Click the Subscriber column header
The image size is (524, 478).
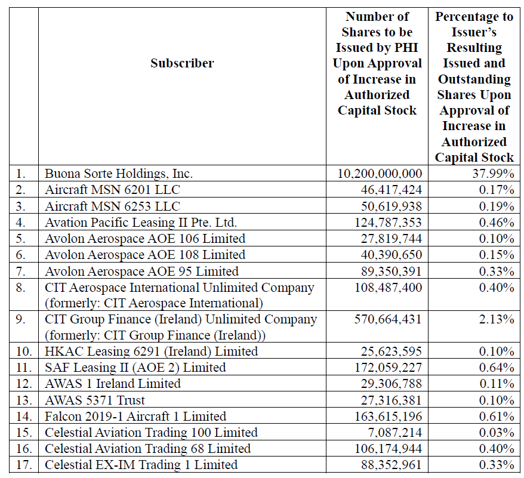click(182, 63)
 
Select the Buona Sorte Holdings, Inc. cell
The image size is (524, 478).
click(119, 174)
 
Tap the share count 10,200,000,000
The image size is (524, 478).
click(380, 174)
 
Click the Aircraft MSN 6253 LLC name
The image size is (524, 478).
click(112, 206)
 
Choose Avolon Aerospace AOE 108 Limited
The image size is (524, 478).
click(145, 255)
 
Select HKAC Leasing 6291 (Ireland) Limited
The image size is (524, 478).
click(152, 351)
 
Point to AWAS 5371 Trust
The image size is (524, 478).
click(95, 400)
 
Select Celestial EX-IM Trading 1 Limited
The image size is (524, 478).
click(141, 465)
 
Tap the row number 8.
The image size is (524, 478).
click(21, 287)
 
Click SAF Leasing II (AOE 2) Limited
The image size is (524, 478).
click(135, 368)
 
